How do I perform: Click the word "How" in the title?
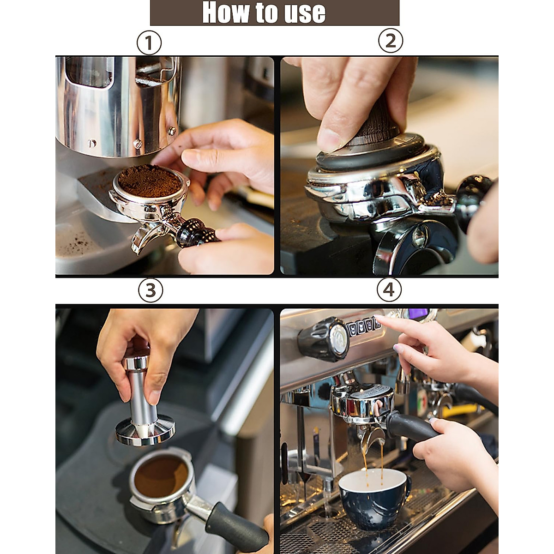(221, 12)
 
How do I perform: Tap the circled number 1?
(149, 44)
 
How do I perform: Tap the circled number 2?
(391, 41)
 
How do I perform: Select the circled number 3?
(151, 290)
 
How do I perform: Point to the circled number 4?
(389, 290)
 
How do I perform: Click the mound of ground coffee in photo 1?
(149, 180)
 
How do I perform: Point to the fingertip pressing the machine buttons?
(378, 318)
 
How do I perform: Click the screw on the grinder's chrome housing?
(137, 144)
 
